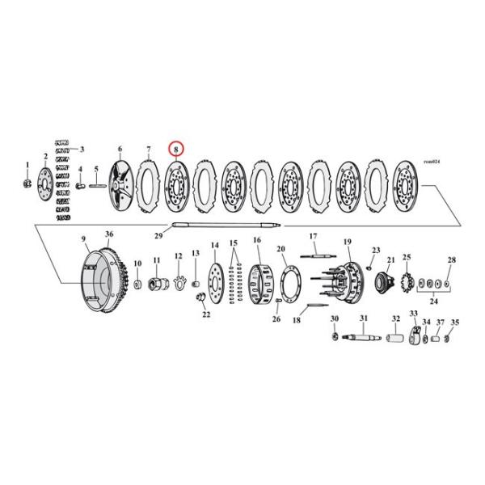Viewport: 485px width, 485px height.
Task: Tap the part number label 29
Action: (x=158, y=235)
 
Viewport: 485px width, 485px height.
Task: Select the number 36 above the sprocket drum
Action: (x=109, y=234)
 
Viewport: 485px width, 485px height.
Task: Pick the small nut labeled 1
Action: (x=27, y=183)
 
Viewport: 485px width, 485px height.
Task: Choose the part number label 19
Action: (x=348, y=242)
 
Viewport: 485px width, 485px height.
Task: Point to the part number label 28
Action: (x=452, y=259)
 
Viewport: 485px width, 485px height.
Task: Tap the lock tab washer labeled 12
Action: (x=178, y=283)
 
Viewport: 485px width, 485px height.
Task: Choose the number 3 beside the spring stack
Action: (x=81, y=150)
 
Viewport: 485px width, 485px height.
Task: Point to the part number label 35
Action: (x=454, y=323)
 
